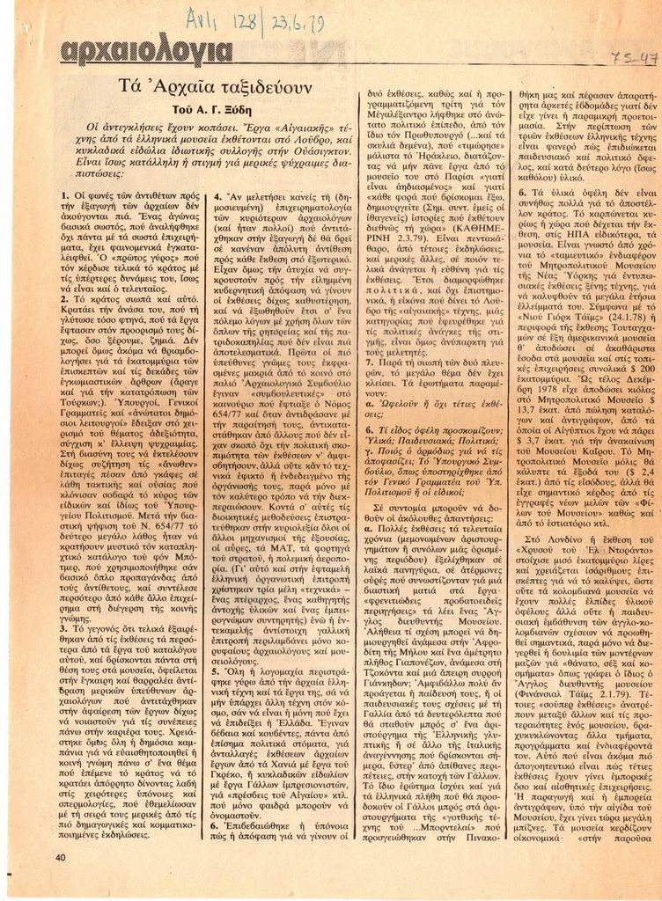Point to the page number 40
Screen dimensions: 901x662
[x=61, y=857]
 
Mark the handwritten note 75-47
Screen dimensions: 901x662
[x=636, y=58]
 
